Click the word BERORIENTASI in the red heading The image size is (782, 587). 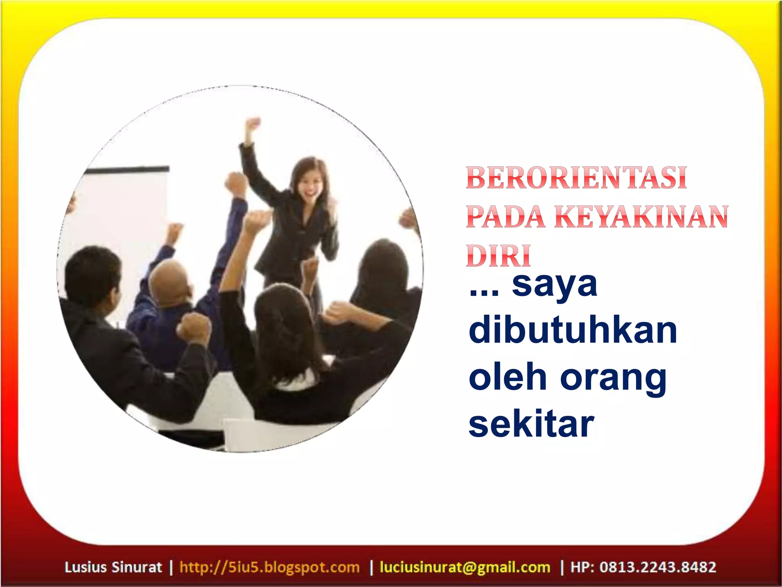click(x=576, y=178)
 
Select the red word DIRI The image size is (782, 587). click(x=498, y=255)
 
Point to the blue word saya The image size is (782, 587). click(x=554, y=285)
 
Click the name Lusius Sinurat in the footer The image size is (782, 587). click(x=113, y=567)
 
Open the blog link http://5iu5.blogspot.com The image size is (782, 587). click(x=270, y=567)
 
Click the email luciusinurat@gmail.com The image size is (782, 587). click(x=465, y=567)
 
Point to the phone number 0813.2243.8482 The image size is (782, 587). click(x=658, y=567)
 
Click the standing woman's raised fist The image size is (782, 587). click(x=252, y=125)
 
